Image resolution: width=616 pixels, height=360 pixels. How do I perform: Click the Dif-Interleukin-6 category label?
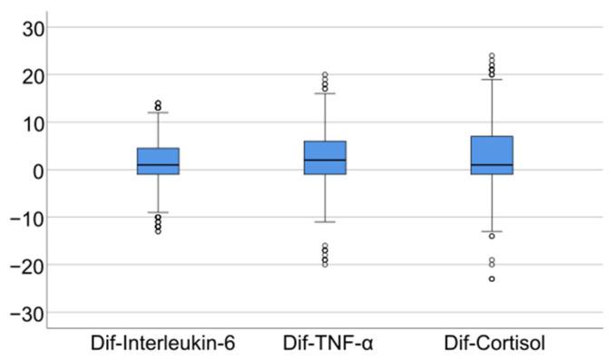[158, 345]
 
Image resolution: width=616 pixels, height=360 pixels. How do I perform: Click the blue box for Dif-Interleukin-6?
[158, 161]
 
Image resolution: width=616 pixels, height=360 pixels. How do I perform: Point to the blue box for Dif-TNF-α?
[325, 158]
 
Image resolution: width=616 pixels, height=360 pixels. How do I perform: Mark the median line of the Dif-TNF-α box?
[325, 160]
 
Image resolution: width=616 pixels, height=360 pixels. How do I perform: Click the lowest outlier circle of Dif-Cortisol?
[492, 278]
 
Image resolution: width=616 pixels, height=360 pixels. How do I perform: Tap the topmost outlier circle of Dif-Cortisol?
[492, 55]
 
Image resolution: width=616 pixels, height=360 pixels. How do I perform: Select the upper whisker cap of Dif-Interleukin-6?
[158, 112]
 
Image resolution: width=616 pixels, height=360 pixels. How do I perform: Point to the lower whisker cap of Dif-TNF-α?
[325, 221]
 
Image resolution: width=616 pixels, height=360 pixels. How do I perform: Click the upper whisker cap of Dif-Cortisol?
[492, 79]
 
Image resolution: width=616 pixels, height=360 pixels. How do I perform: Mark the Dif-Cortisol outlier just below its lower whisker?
[492, 236]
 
